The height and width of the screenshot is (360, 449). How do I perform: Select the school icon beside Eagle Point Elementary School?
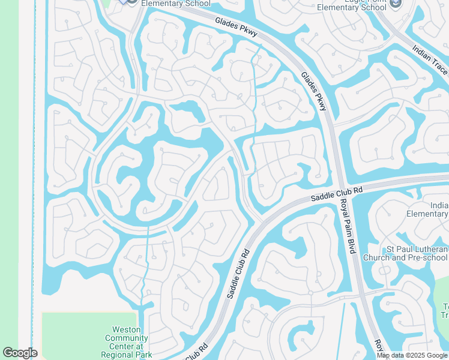click(395, 4)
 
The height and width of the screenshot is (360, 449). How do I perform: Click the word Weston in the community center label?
click(126, 329)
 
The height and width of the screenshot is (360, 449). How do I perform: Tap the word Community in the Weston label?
click(126, 338)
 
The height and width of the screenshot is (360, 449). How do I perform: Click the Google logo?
click(20, 352)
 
